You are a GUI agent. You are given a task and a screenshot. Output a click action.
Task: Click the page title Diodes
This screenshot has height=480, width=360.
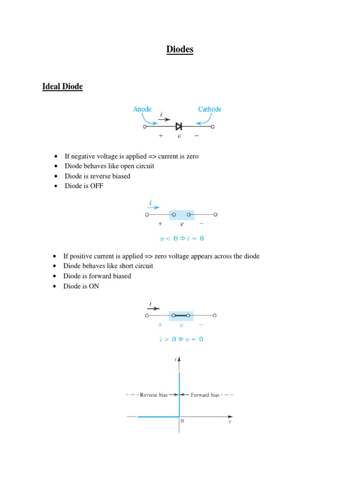click(x=180, y=50)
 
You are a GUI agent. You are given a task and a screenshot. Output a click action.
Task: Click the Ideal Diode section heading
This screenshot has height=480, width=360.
click(x=62, y=87)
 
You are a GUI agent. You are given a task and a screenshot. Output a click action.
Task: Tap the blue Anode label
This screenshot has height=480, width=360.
click(x=142, y=109)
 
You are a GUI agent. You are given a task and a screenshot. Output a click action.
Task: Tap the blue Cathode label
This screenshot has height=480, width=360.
click(x=210, y=109)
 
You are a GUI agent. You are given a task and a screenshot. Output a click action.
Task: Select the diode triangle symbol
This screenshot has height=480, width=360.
click(x=179, y=126)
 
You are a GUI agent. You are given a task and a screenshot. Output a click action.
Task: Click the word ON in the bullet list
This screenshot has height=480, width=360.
click(x=94, y=286)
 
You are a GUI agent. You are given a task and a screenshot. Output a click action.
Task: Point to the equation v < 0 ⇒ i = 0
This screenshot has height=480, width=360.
click(x=182, y=238)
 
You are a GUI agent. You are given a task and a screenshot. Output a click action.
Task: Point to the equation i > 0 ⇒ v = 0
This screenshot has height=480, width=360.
click(x=181, y=339)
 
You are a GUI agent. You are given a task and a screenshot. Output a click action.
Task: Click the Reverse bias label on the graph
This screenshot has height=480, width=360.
click(x=154, y=395)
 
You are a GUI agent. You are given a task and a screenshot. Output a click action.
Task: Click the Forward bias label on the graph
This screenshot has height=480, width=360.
click(x=205, y=395)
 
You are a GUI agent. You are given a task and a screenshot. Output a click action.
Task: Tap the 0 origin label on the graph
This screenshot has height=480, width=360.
click(x=182, y=421)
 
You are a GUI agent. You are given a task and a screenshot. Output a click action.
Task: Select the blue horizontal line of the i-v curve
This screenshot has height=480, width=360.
click(x=157, y=416)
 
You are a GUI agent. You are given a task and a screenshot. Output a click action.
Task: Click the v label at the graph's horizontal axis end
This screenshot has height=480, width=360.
click(x=230, y=421)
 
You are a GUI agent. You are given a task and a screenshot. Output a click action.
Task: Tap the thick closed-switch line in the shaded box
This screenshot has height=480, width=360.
click(x=181, y=315)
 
